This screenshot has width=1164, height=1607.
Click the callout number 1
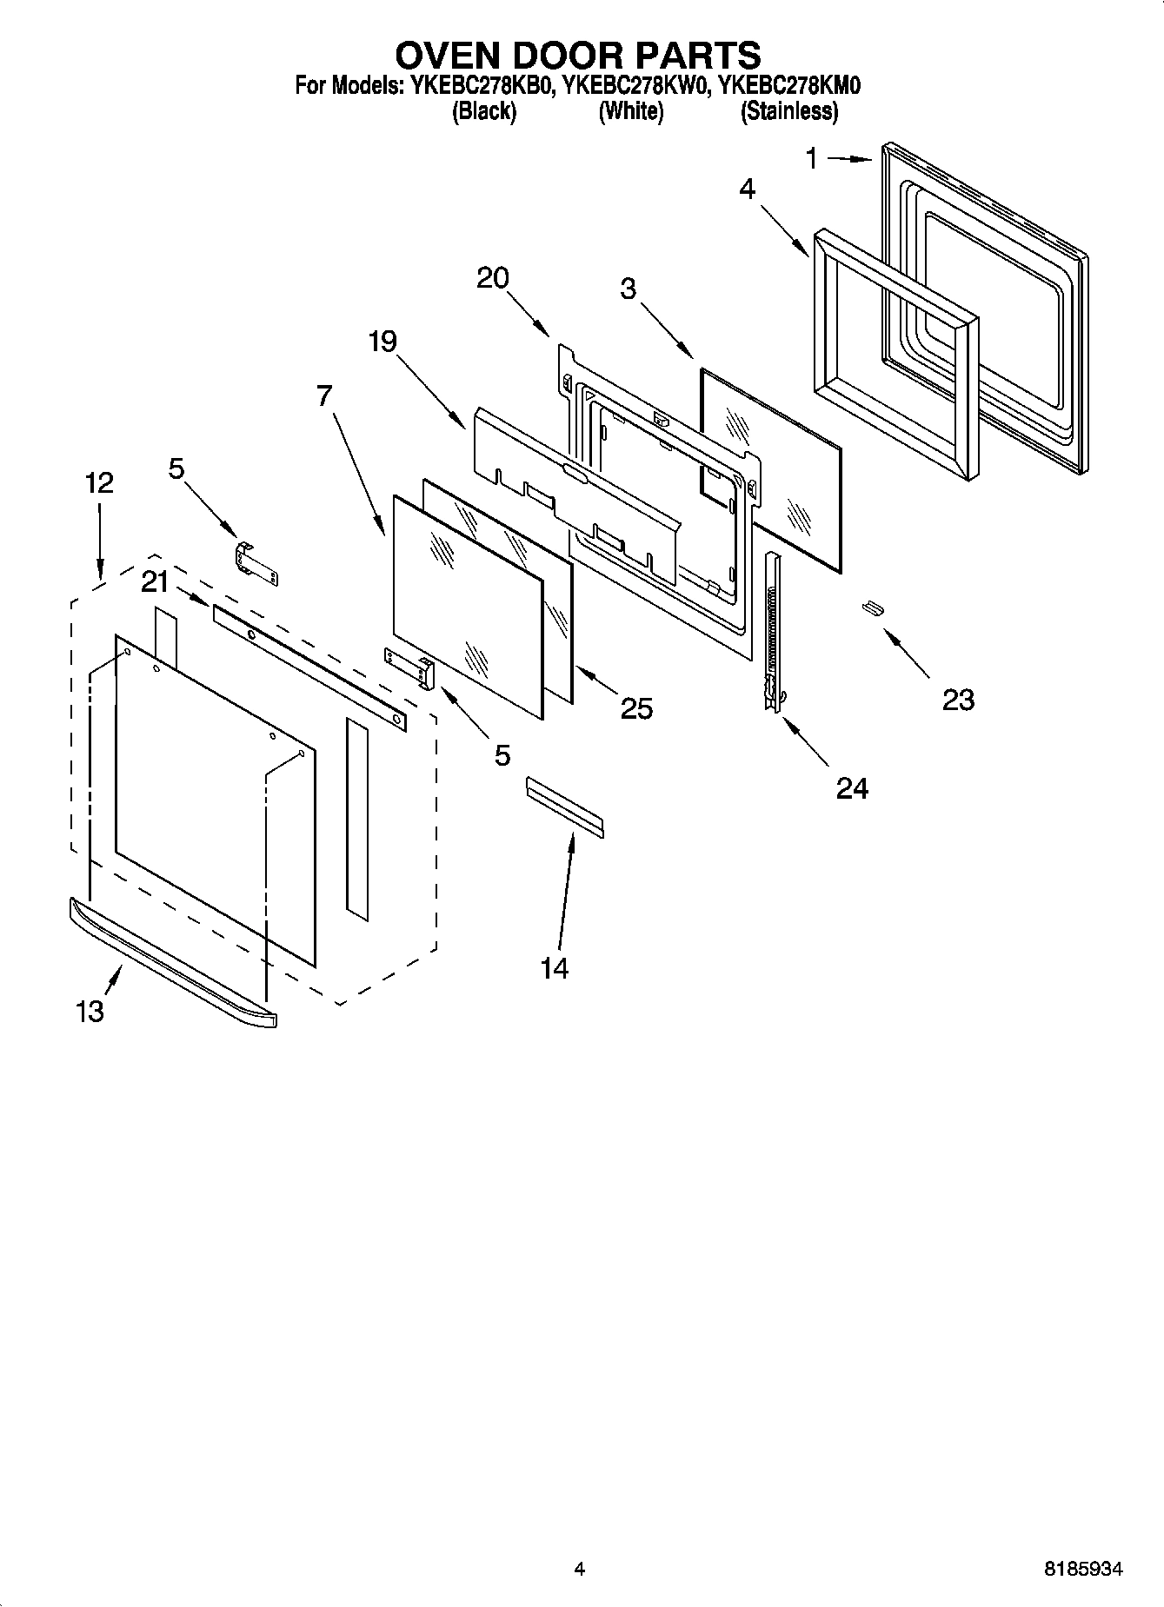(811, 159)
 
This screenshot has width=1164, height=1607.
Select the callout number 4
(747, 189)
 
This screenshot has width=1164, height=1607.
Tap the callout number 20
(493, 278)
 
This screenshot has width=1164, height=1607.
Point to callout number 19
(382, 342)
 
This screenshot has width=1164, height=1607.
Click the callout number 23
(958, 700)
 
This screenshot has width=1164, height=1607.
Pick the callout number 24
(852, 788)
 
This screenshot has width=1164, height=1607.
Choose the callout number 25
(636, 709)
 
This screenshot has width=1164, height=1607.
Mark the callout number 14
(555, 968)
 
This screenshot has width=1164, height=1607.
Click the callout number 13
(90, 1011)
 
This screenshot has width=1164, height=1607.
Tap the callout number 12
(99, 483)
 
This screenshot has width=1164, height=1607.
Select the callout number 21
(155, 581)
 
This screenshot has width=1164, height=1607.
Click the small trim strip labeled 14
(564, 807)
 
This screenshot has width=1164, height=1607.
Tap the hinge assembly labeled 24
(771, 634)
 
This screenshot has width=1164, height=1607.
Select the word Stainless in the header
(788, 112)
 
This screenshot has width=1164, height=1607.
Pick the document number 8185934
(1082, 1570)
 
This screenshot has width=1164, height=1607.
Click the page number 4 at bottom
(579, 1570)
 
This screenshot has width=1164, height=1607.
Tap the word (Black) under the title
(484, 112)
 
